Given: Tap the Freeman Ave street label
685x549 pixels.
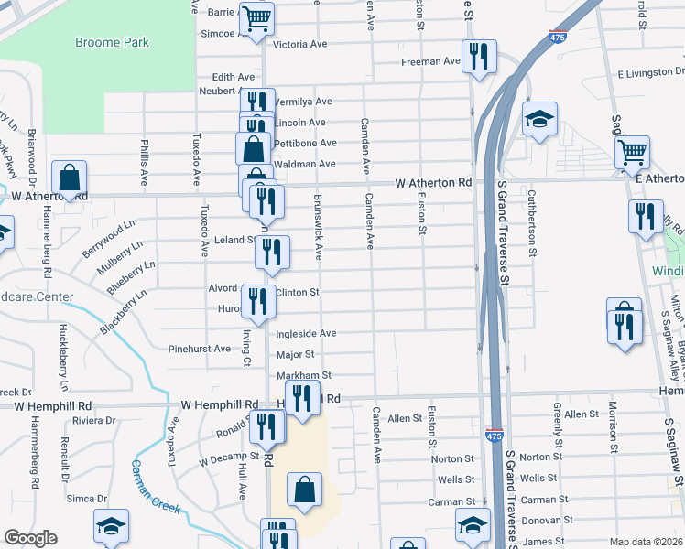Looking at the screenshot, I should (430, 61).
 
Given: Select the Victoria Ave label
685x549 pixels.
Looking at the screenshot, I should (300, 44).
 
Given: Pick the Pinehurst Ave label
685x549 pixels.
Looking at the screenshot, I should (201, 349).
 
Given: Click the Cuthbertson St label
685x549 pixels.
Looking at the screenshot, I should (530, 224).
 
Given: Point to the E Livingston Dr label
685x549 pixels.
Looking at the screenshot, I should (650, 71).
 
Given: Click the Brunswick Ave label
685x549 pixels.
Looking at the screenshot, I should (319, 224).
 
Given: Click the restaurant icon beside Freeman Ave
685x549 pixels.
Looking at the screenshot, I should (479, 58).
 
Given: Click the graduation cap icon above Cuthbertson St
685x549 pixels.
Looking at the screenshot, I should (540, 119).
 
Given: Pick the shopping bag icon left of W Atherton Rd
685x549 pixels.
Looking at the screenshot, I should (69, 178).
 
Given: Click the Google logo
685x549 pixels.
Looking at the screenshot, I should (30, 538).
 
